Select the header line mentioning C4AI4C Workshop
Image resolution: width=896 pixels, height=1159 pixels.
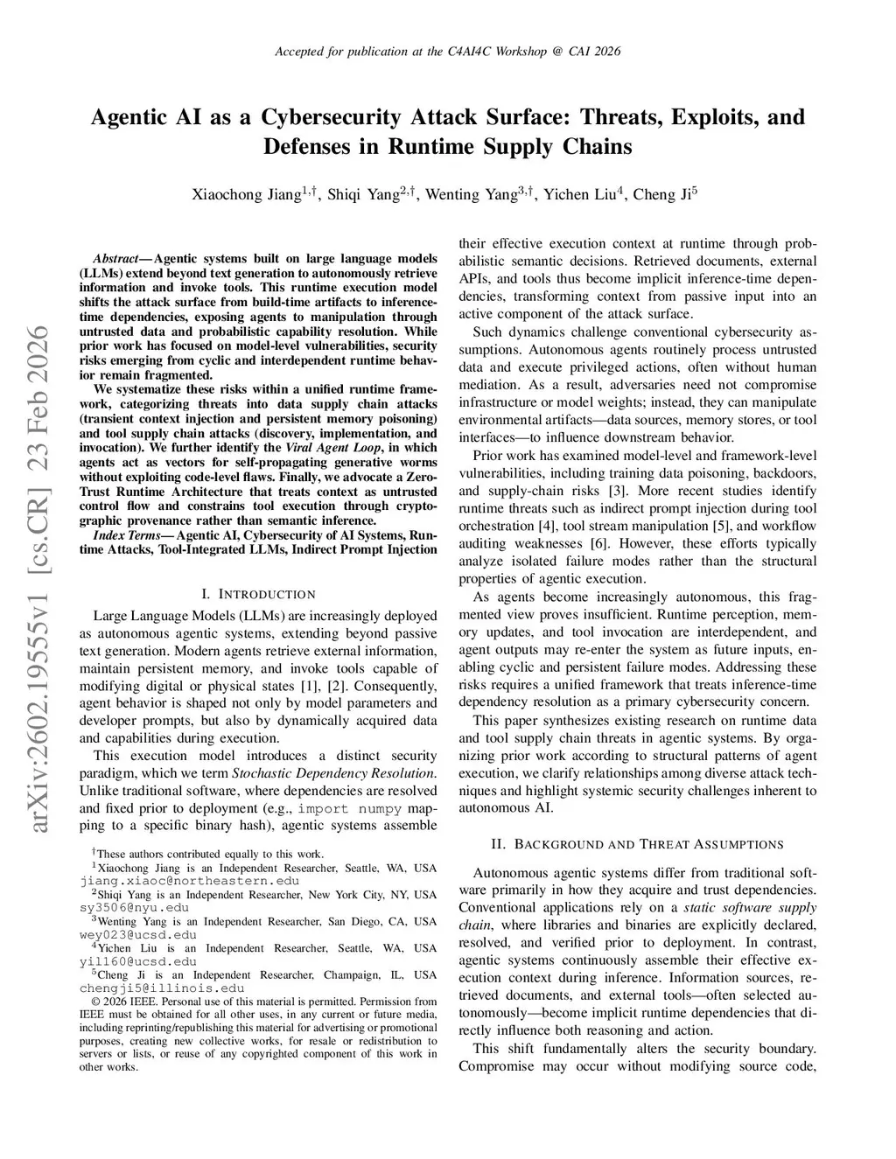(x=447, y=52)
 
